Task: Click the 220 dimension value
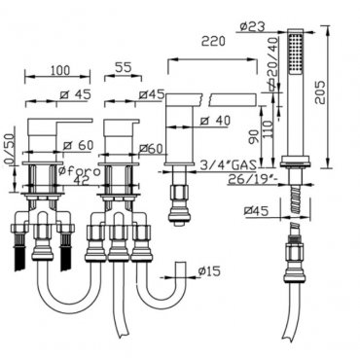tap(213, 42)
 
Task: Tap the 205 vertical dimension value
tap(320, 92)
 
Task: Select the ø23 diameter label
tap(253, 26)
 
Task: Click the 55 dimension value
tap(123, 67)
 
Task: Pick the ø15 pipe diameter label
tap(209, 270)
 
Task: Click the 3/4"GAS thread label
tap(228, 164)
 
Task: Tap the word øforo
tap(79, 170)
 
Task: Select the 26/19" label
tap(252, 179)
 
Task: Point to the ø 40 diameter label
tap(215, 121)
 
